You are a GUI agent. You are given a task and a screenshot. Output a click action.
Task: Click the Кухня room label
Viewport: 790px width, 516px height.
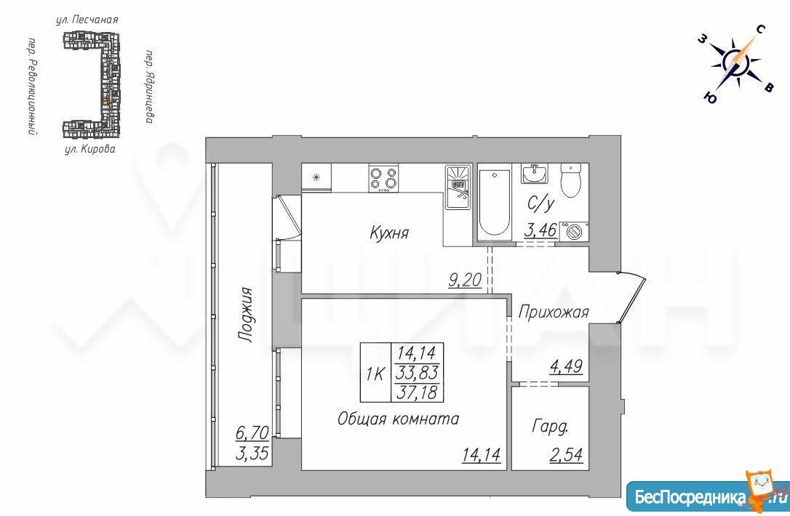tap(389, 233)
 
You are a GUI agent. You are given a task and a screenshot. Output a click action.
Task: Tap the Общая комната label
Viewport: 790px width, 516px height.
tap(398, 419)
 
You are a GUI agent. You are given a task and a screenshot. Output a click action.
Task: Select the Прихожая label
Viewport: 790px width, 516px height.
tap(553, 312)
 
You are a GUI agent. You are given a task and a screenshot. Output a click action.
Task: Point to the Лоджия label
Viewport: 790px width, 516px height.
tap(245, 315)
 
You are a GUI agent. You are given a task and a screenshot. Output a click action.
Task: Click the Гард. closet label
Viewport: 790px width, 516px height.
tap(550, 427)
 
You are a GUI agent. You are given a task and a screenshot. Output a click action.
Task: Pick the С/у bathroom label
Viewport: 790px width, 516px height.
tap(540, 203)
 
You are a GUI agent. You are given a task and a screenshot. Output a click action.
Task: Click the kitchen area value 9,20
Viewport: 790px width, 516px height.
tap(465, 279)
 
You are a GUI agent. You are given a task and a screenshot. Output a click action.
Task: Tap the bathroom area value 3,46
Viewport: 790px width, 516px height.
tap(540, 230)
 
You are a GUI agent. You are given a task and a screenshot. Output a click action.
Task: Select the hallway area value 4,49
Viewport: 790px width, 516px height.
tap(566, 366)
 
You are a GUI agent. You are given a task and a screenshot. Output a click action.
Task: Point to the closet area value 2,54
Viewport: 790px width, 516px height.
tap(566, 454)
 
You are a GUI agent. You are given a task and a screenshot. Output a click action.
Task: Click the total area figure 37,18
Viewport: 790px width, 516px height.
tap(417, 392)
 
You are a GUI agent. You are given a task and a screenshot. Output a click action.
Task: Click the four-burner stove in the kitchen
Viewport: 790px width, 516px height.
tap(383, 178)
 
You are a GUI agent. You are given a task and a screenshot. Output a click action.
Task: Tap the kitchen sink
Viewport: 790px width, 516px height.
tap(458, 188)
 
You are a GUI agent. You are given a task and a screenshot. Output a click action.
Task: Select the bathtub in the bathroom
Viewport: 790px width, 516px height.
tap(494, 203)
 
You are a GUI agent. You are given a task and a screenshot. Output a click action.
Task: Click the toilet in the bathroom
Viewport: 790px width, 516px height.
tap(570, 180)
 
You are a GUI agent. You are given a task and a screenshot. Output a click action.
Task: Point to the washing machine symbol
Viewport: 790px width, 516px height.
tap(574, 232)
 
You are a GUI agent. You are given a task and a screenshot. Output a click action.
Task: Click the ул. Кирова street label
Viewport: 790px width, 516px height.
tap(89, 149)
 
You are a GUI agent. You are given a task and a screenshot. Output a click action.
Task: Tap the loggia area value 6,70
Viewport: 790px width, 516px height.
tap(252, 432)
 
